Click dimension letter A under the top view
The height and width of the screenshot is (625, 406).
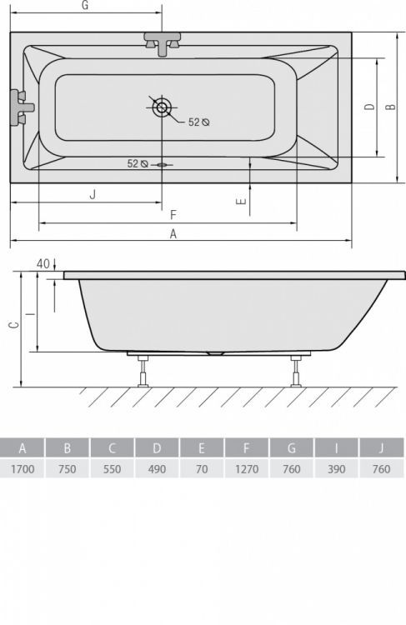tap(173, 234)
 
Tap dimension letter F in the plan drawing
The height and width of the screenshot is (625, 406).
tap(173, 214)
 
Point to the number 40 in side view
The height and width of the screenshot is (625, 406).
tap(43, 263)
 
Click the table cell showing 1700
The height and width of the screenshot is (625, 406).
tap(23, 469)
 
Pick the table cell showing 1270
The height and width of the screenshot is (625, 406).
tap(247, 469)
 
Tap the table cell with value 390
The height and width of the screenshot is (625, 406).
tap(337, 469)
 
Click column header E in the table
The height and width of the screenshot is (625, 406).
tap(202, 447)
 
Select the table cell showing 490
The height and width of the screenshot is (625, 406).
tap(157, 469)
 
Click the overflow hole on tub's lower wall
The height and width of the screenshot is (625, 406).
tap(162, 164)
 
